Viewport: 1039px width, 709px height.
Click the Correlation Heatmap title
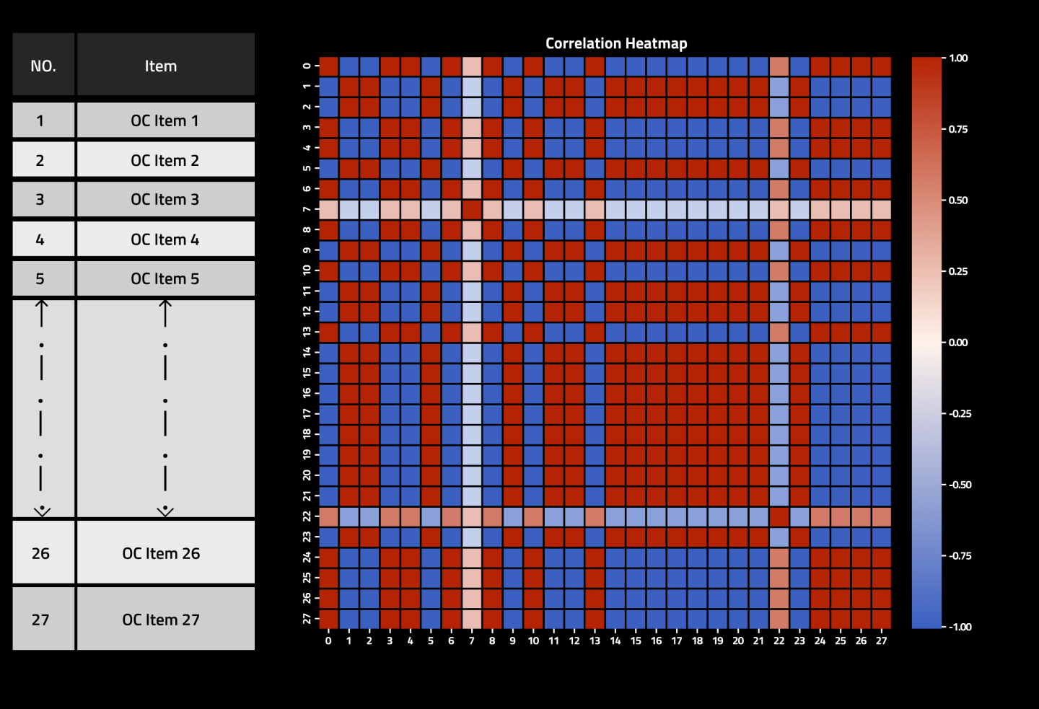tap(616, 43)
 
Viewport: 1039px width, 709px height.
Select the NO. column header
tap(43, 66)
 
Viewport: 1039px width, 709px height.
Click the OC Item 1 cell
tap(165, 120)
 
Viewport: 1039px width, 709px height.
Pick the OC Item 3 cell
tap(165, 199)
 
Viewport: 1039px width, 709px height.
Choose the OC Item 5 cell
tap(165, 278)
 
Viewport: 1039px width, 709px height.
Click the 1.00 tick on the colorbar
tap(958, 58)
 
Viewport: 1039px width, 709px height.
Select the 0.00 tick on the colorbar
tap(958, 343)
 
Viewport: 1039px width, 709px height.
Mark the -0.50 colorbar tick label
tap(960, 485)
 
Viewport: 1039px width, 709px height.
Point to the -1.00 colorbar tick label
tap(960, 627)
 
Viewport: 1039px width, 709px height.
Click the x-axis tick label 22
tap(779, 640)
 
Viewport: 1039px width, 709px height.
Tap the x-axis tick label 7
tap(472, 640)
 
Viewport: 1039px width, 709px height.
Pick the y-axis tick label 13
tap(307, 332)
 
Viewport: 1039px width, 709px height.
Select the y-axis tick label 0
tap(307, 66)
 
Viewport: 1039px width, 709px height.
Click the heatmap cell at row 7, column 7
tap(472, 209)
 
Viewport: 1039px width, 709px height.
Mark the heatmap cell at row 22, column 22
tap(779, 516)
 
